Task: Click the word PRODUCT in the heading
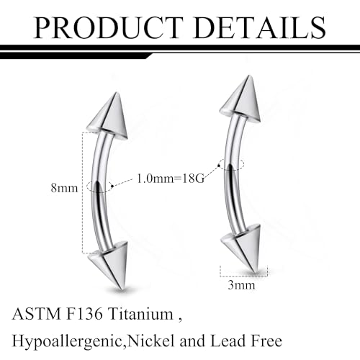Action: coord(109,27)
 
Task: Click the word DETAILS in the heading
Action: coord(259,27)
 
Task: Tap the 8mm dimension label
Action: coord(64,188)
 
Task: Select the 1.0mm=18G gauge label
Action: coord(171,179)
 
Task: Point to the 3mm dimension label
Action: coord(241,285)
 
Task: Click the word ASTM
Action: coord(37,314)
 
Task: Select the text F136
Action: coord(84,314)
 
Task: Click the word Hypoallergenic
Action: coord(67,341)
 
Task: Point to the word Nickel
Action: coord(151,341)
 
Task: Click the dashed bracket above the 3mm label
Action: coord(243,276)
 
